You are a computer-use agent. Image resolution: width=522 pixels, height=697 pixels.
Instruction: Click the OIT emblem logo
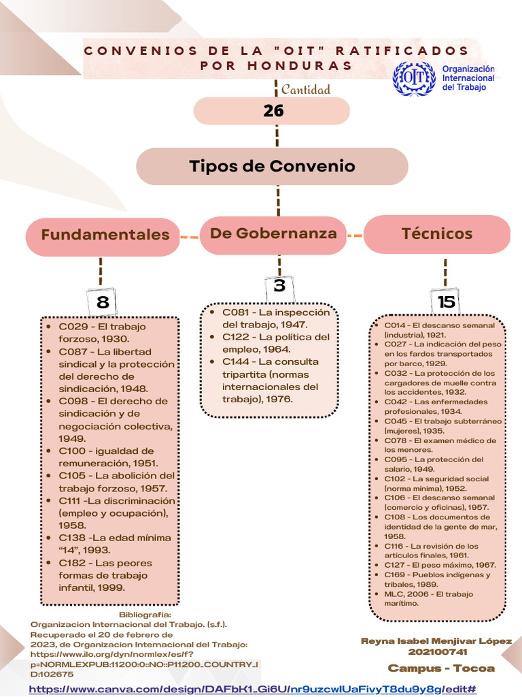(x=414, y=78)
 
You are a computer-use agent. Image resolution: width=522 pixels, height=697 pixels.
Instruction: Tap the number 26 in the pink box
(x=273, y=110)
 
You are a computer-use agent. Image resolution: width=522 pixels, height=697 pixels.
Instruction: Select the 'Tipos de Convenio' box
(x=272, y=166)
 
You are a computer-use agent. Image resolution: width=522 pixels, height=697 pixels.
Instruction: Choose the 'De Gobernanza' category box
(x=273, y=233)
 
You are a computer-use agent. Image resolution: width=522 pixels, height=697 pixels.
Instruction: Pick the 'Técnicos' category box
(x=437, y=233)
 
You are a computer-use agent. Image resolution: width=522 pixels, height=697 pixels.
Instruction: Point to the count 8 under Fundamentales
(x=103, y=302)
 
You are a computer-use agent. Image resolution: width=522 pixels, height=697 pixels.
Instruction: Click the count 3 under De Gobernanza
(x=279, y=287)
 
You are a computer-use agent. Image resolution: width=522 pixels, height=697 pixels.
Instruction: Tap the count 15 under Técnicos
(x=447, y=302)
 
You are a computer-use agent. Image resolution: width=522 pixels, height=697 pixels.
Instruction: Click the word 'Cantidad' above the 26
(x=306, y=90)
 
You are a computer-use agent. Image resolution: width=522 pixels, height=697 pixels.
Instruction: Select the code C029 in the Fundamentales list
(x=73, y=327)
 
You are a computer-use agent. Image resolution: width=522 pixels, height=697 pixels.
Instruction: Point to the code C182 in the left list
(x=73, y=563)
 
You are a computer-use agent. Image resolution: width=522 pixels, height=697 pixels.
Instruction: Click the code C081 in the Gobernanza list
(x=237, y=312)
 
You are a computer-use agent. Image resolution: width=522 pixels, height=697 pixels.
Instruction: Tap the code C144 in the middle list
(x=238, y=361)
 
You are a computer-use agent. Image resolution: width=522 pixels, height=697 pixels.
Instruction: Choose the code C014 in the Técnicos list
(x=394, y=326)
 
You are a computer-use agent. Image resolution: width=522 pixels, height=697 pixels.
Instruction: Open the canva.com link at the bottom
(x=251, y=690)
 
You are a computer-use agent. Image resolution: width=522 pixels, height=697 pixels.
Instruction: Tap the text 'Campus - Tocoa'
(x=441, y=668)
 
